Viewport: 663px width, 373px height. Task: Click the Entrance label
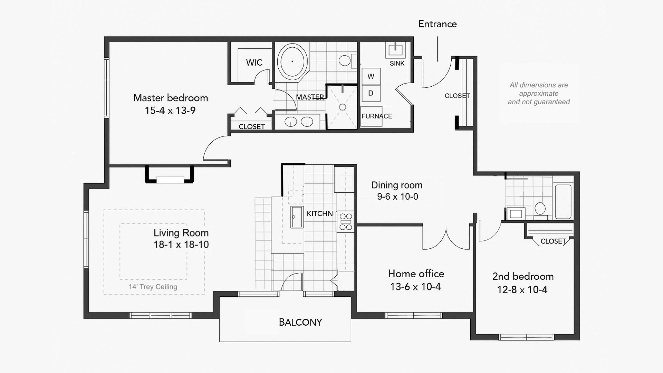[438, 24]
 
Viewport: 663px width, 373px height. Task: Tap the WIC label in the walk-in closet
[254, 63]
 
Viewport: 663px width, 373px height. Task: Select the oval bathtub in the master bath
[292, 61]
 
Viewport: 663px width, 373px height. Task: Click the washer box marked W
[371, 76]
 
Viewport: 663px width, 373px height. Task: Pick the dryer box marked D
[371, 93]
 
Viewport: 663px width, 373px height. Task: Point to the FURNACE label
[377, 116]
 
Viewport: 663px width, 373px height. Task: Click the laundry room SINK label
[397, 63]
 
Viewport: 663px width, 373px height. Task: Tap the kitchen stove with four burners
[346, 221]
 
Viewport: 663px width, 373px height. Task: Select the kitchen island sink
[297, 217]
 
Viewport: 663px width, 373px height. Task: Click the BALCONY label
[300, 322]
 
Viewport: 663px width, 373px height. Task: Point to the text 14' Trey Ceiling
[153, 287]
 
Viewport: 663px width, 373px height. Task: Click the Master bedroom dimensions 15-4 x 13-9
[170, 111]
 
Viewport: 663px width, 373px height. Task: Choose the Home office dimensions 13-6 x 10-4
[415, 287]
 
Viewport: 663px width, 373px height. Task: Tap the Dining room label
[397, 185]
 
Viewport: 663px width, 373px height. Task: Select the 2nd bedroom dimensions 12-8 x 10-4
[522, 289]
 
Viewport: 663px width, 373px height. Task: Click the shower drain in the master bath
[343, 107]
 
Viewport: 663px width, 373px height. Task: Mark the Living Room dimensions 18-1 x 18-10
[181, 245]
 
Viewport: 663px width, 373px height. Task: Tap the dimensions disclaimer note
[539, 93]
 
